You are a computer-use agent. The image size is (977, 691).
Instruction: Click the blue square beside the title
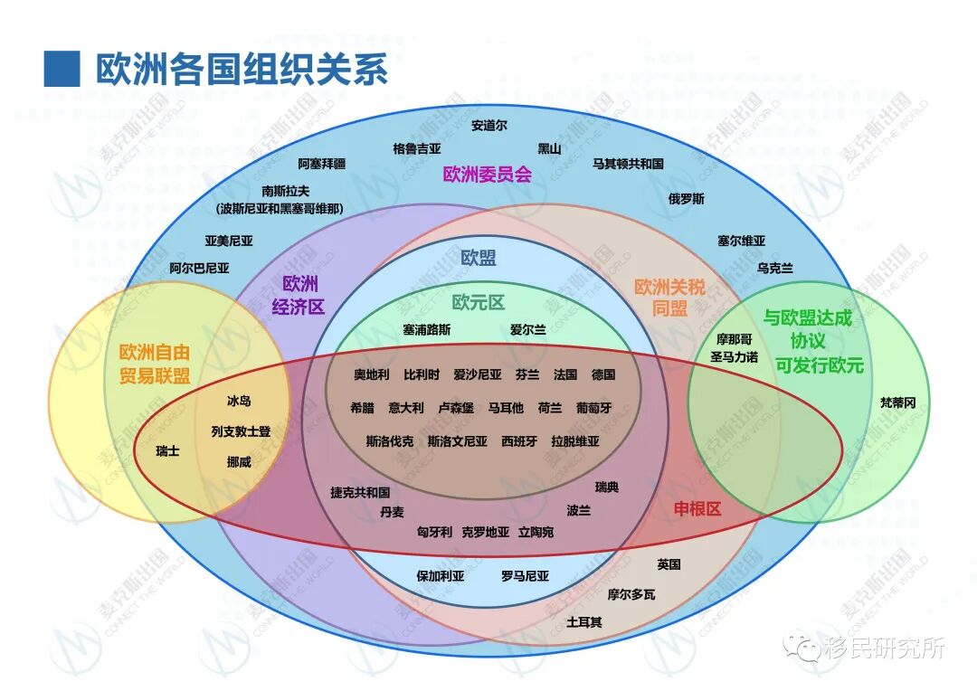coord(62,69)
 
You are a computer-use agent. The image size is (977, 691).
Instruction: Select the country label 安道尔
coord(489,126)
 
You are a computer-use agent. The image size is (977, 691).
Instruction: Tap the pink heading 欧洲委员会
coord(487,175)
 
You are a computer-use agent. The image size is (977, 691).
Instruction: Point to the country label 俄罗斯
coord(687,199)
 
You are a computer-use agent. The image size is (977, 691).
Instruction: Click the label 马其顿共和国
coord(628,164)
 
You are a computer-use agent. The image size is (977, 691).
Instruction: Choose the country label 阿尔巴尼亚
coord(199,269)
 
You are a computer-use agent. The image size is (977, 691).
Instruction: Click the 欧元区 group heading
coord(479,303)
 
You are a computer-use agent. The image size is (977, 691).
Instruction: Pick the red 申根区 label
coord(697,509)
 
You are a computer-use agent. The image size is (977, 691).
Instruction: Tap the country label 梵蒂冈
coord(897,403)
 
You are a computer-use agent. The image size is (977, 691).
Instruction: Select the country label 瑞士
coord(167,450)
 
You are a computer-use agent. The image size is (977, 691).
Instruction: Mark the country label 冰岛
coord(240,401)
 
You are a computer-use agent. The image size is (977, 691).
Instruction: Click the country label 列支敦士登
coord(241,431)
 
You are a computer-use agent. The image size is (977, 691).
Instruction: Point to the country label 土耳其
coord(584,622)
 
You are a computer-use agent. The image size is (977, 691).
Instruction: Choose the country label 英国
coord(669,564)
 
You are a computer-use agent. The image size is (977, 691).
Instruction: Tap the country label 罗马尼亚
coord(526,575)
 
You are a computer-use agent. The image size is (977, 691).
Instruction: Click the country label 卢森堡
coord(456,408)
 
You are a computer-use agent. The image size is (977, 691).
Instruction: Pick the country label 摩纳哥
coord(734,339)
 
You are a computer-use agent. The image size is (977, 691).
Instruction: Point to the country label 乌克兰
coord(775,269)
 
